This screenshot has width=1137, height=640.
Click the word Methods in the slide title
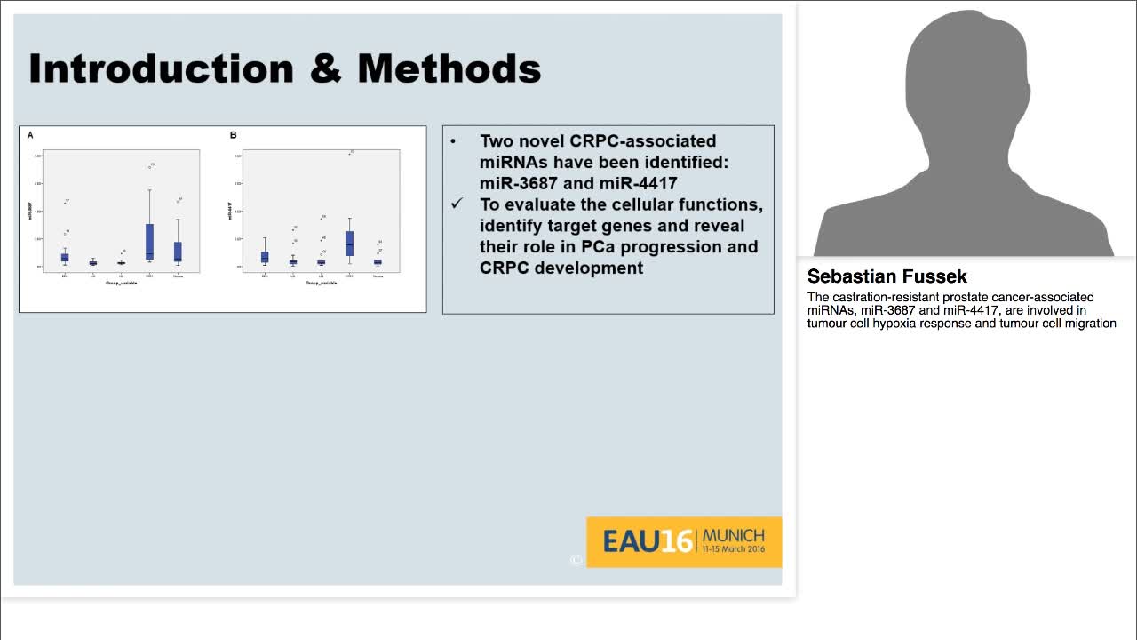point(449,69)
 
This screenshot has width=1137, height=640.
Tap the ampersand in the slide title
point(325,69)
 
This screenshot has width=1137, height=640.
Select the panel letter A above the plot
point(30,135)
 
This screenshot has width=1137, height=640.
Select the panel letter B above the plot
point(233,135)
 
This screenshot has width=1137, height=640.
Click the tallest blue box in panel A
point(149,241)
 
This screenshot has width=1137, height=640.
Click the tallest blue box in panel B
point(349,243)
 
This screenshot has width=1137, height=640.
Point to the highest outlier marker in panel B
point(351,152)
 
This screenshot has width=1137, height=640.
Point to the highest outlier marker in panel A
point(152,164)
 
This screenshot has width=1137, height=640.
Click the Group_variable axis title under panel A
point(121,283)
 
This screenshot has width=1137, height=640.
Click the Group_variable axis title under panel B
point(321,283)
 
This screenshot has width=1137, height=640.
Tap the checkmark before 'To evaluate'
point(457,204)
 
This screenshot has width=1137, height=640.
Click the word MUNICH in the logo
point(733,535)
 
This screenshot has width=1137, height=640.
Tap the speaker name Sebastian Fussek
point(887,276)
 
